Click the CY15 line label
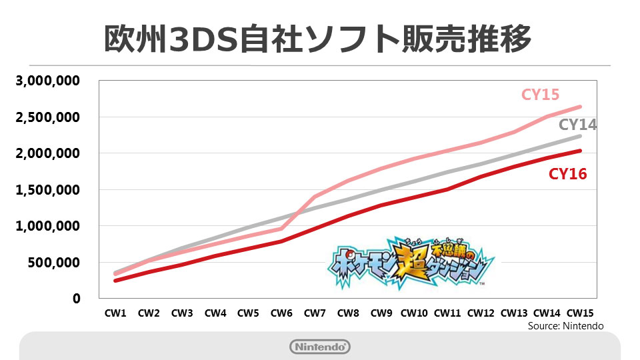click(540, 95)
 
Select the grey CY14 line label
click(577, 125)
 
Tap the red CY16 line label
click(567, 175)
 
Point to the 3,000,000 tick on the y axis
click(48, 81)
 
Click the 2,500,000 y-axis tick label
click(48, 117)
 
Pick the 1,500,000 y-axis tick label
click(48, 190)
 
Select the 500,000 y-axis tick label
click(53, 263)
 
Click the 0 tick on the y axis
click(76, 299)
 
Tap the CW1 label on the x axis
click(116, 312)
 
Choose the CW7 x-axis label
click(315, 312)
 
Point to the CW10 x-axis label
click(413, 312)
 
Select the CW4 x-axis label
click(215, 312)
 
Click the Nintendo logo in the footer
click(320, 347)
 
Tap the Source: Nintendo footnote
click(565, 326)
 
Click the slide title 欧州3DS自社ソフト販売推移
click(318, 39)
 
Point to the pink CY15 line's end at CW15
click(579, 107)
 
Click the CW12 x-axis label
click(480, 312)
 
